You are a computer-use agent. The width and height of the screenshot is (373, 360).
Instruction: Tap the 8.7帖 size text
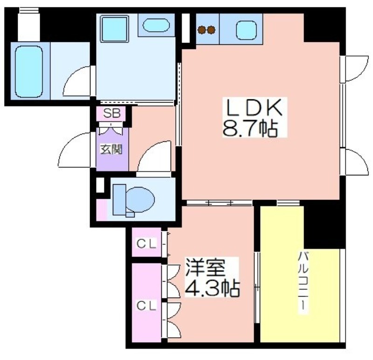(x=250, y=129)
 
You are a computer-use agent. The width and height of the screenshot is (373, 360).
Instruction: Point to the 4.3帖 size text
(x=213, y=288)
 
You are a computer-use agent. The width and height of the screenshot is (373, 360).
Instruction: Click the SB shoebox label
(x=111, y=113)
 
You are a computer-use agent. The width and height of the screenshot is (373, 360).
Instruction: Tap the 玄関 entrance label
(x=111, y=150)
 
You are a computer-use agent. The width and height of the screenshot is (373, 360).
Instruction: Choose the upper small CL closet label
(x=147, y=243)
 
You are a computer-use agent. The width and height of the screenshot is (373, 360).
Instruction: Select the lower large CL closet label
(x=146, y=305)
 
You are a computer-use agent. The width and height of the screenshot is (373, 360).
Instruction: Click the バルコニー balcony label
(x=303, y=284)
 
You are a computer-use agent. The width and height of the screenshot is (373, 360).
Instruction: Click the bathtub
(x=29, y=71)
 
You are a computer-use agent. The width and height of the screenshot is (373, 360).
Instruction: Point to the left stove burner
(x=202, y=30)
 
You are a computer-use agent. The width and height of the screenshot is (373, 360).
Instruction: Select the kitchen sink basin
(x=247, y=30)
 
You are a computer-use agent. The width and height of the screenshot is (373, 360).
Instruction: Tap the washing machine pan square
(x=114, y=29)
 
